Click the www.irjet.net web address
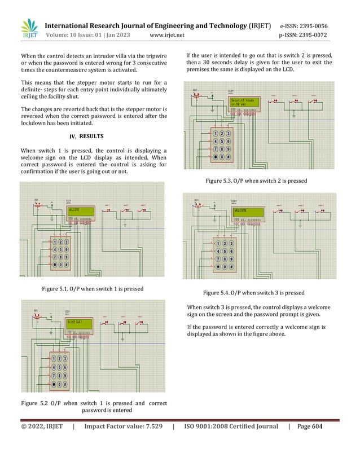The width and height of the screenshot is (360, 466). (168, 36)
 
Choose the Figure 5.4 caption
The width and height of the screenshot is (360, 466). (253, 293)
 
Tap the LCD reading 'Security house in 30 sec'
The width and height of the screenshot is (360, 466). (243, 103)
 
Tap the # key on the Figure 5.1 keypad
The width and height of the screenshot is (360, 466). (67, 265)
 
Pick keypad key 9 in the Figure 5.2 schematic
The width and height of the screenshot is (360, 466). (67, 375)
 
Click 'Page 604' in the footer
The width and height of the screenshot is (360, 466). (309, 427)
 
